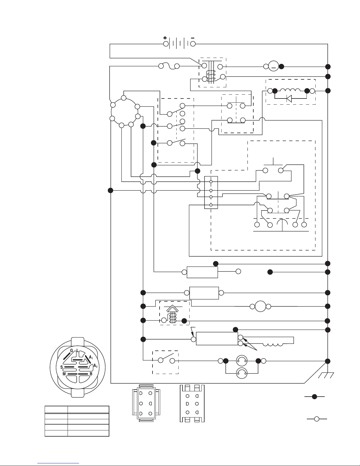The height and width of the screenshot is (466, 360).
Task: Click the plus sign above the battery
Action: point(165,38)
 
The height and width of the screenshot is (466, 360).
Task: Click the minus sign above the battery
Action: point(193,38)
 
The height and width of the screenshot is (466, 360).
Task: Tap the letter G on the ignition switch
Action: point(71,350)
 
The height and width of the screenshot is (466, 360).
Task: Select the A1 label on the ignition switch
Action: point(91,357)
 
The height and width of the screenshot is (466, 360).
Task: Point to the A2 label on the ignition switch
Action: point(95,366)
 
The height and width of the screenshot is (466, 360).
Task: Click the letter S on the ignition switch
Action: point(61,367)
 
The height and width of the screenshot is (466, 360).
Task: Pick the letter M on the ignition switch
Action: point(64,374)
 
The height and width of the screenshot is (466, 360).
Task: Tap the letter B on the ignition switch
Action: point(91,374)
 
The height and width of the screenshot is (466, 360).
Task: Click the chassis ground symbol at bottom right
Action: point(326,375)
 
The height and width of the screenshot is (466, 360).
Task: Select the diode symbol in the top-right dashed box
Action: point(289,98)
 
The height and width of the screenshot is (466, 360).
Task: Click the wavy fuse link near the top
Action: point(169,66)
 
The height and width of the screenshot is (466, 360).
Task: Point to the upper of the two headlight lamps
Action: point(242,361)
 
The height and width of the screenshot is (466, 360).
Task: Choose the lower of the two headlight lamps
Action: point(242,373)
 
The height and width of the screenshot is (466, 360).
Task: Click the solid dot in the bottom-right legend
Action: point(314,397)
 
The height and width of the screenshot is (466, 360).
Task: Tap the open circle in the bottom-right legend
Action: point(317,419)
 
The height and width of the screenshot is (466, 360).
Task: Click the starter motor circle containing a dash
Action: point(273,66)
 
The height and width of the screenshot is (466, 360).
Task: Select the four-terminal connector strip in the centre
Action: point(211,192)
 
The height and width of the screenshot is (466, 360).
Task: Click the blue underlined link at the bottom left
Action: point(58,463)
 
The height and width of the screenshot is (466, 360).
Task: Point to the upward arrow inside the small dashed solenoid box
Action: point(173,309)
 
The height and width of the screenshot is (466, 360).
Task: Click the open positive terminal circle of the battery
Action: point(166,44)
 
